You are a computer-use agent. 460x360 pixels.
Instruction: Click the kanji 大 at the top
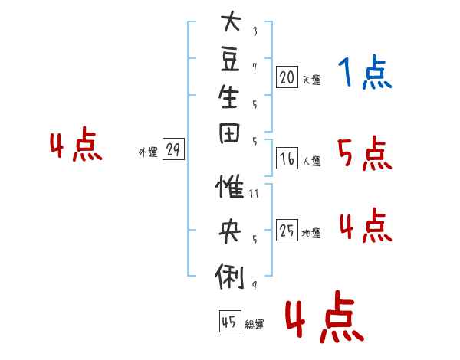point(231,21)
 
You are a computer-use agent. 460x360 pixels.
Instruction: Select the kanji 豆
point(230,60)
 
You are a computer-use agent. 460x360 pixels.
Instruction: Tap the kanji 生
point(228,97)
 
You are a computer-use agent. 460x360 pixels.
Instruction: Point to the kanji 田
point(229,133)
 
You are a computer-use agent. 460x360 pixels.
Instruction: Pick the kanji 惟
point(230,186)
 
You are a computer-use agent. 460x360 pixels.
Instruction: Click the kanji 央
point(230,231)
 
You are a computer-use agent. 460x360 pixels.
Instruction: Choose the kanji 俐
point(229,277)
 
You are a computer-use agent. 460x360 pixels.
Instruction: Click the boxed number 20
point(287,77)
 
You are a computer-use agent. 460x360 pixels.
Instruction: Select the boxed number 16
point(287,159)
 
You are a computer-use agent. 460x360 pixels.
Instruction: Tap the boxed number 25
point(287,230)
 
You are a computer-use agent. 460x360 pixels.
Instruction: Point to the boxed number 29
point(173,149)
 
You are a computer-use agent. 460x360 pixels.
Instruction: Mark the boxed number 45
point(230,321)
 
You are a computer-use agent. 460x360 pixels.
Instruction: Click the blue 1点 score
point(365,72)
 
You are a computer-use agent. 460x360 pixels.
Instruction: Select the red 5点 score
point(365,153)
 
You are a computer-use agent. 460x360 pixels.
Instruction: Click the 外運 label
point(148,152)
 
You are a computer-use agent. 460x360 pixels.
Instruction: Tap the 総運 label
point(255,324)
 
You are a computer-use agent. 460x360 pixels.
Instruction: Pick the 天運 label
point(312,80)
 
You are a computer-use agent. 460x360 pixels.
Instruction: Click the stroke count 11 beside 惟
point(254,194)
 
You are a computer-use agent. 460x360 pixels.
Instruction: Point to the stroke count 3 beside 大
point(255,31)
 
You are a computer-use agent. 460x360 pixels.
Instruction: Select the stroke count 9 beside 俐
point(255,286)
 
